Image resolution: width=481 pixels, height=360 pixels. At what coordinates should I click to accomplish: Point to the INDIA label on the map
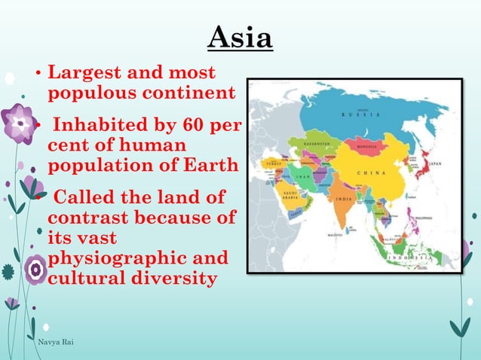point(343,200)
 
